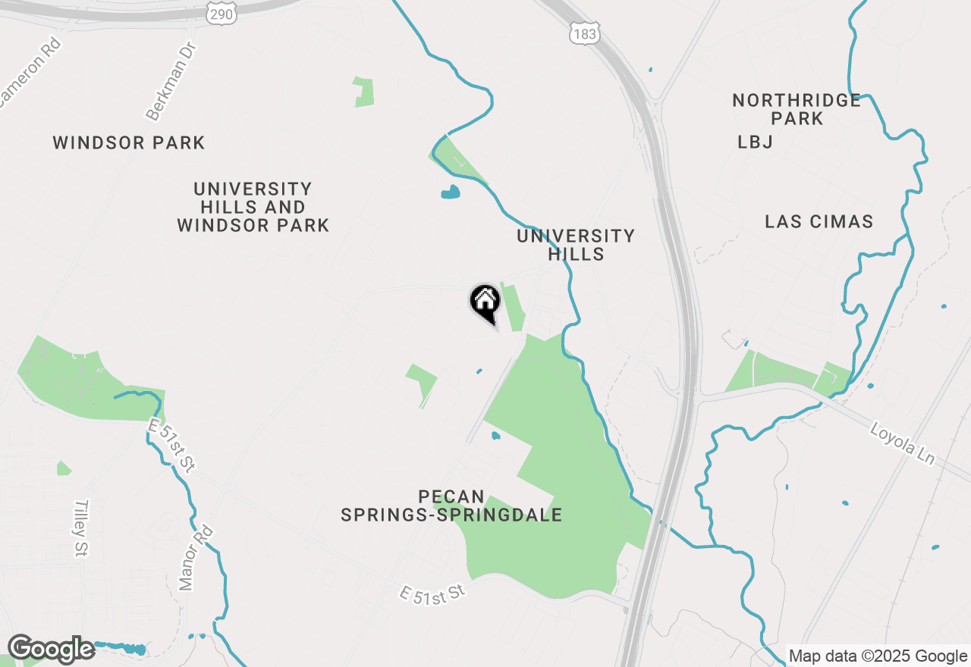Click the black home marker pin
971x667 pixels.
click(485, 302)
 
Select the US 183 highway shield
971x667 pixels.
click(585, 31)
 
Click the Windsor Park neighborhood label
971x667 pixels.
click(129, 142)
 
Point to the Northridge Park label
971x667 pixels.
click(797, 109)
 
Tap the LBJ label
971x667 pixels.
click(755, 142)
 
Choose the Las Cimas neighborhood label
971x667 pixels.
click(819, 222)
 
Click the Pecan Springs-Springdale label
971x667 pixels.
click(451, 506)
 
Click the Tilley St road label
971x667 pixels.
click(81, 528)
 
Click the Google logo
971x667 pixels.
click(50, 649)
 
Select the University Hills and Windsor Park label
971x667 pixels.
click(253, 207)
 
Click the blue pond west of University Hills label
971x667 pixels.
click(451, 192)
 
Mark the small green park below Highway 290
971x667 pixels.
click(364, 92)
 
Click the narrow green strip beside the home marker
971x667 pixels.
click(514, 308)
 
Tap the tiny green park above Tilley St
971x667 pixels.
click(64, 468)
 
